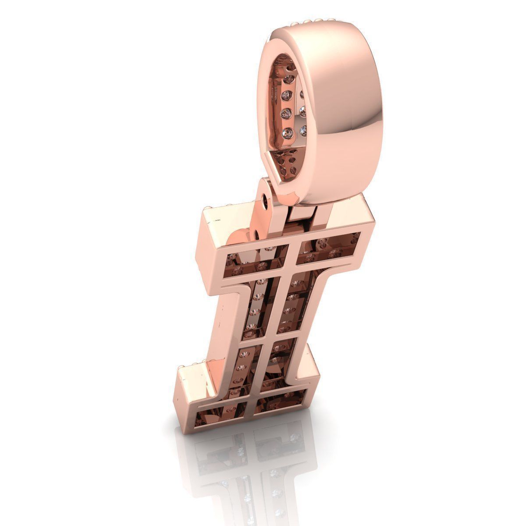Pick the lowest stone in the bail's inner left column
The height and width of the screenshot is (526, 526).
(x=288, y=131)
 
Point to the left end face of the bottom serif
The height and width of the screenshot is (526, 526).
(x=188, y=390)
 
